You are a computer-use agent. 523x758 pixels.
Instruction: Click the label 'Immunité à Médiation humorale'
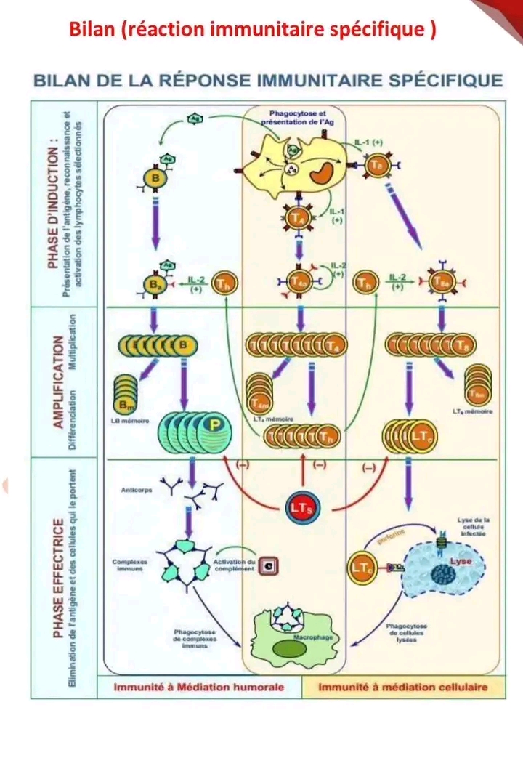(198, 686)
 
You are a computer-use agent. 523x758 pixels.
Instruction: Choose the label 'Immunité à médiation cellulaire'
(402, 686)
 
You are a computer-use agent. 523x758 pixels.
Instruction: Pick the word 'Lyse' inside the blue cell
(461, 562)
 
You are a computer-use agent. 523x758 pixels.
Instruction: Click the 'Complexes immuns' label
(131, 565)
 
